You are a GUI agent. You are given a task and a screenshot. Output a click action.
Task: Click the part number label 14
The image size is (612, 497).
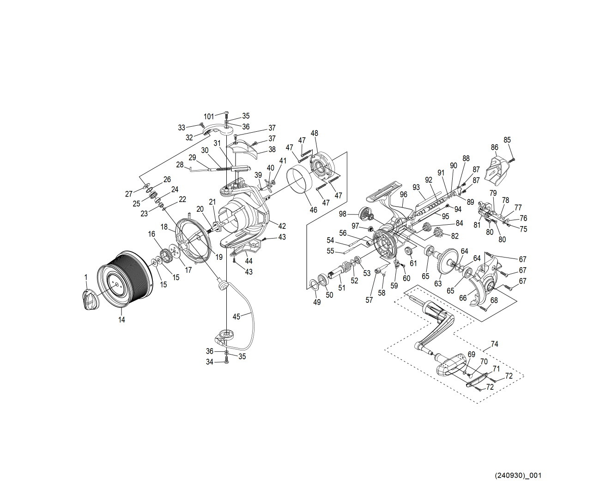point(121,319)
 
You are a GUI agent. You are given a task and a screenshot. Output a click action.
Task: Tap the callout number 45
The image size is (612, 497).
point(236,317)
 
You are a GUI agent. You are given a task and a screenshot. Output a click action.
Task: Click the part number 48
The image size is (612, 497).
point(315,133)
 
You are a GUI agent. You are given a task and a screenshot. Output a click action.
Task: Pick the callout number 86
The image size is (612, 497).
point(495,147)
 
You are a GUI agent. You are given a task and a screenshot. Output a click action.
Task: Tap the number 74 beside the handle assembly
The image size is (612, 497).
point(494,344)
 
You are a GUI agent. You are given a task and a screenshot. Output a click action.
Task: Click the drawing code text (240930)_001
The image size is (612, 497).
point(517,475)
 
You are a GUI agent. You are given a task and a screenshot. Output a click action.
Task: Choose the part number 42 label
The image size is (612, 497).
point(282,226)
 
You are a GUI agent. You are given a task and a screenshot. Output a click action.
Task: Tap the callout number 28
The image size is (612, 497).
point(180,165)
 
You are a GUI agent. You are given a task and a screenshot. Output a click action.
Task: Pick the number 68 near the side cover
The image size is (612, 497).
point(494,301)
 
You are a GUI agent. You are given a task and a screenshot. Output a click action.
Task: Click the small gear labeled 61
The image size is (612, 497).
point(408,252)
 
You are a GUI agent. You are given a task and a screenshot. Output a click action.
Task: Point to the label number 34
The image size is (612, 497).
point(210,362)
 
